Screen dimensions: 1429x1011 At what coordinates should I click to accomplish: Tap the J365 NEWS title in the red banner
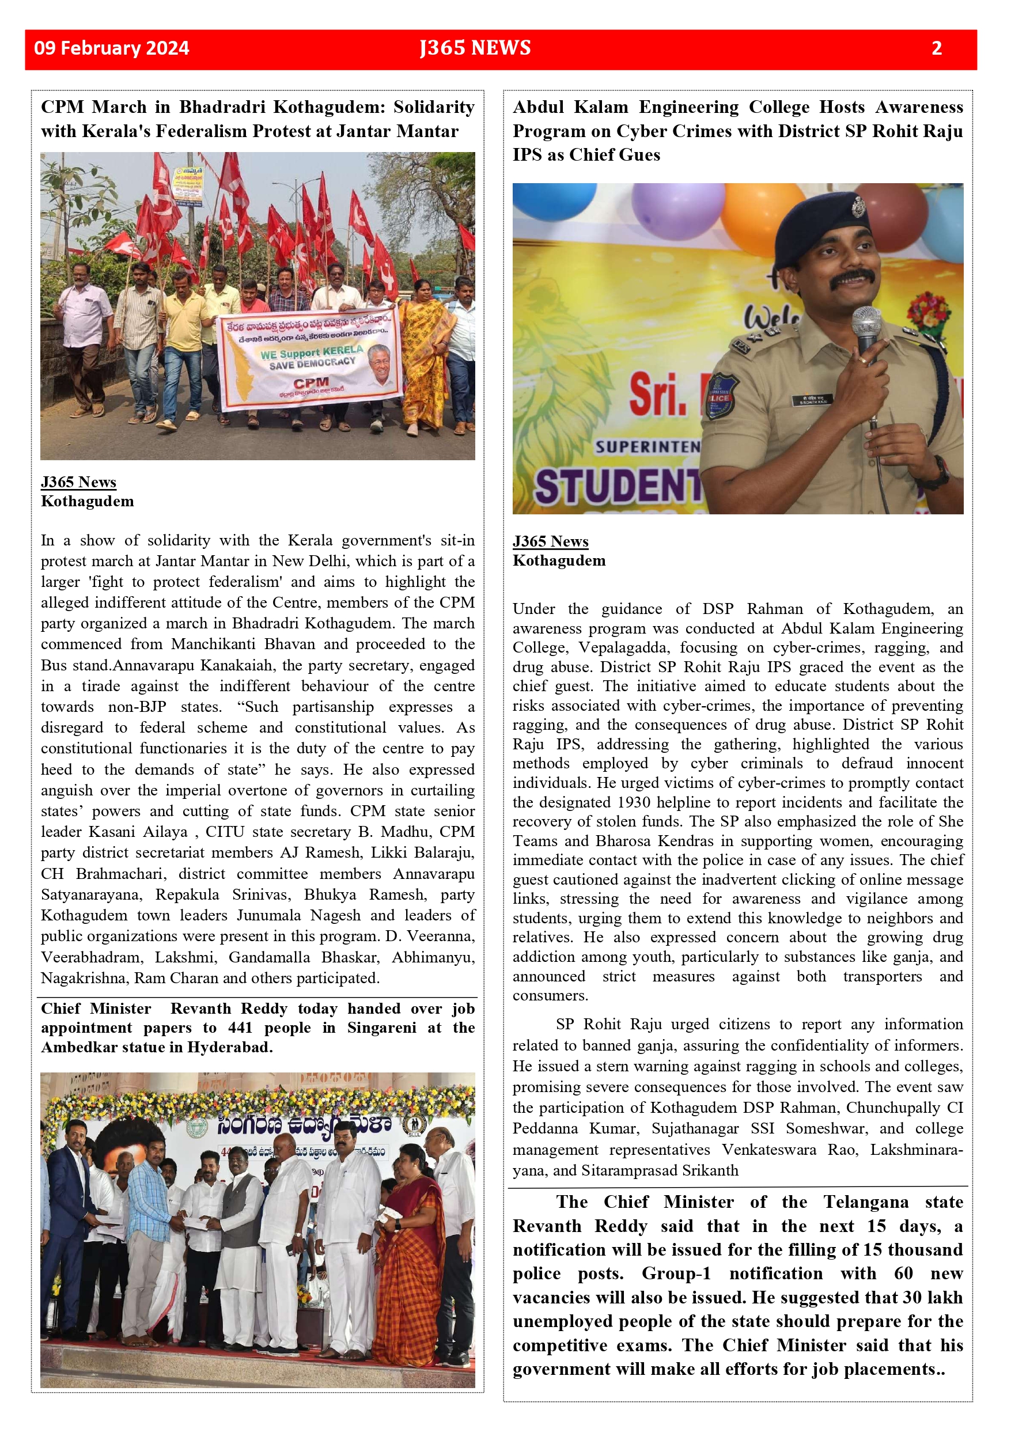[475, 48]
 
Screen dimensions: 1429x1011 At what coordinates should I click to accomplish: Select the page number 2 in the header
[936, 48]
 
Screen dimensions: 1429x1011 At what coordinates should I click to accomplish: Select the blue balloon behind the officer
[554, 200]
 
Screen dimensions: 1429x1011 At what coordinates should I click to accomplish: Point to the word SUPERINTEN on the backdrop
[648, 446]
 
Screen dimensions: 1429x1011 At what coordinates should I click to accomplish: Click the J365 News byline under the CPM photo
[78, 482]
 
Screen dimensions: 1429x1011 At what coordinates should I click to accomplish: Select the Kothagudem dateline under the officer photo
[558, 560]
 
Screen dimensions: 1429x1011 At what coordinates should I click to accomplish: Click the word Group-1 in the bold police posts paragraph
[676, 1273]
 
